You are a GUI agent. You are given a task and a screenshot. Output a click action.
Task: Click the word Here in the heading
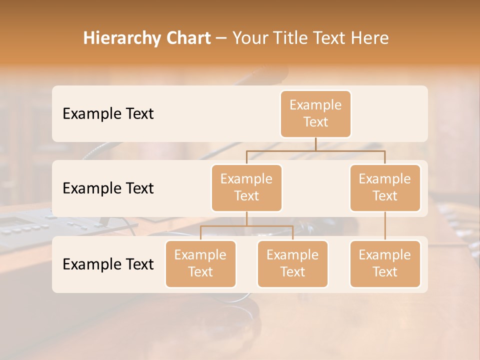[369, 38]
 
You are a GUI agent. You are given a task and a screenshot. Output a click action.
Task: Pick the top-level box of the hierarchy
[315, 114]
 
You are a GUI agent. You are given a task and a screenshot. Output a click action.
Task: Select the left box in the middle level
[246, 188]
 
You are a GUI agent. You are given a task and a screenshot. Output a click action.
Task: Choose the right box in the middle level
[385, 188]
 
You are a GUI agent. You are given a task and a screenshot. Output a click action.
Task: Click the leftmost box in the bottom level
[200, 264]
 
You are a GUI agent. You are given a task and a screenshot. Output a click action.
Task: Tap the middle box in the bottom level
[292, 264]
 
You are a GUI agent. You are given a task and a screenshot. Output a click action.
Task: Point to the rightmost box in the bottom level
[385, 264]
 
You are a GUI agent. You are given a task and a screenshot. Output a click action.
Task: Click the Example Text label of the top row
[108, 114]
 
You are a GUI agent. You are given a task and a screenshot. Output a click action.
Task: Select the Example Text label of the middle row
[108, 188]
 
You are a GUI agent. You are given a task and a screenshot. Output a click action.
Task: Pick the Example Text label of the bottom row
[108, 264]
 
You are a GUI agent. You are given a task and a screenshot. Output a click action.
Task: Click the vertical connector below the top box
[315, 144]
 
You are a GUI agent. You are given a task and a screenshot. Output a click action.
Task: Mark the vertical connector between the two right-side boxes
[385, 226]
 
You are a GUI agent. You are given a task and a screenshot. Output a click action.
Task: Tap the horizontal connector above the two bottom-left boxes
[246, 226]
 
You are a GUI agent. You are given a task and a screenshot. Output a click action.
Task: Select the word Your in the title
[248, 38]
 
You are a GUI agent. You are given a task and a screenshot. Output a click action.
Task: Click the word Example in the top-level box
[315, 105]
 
